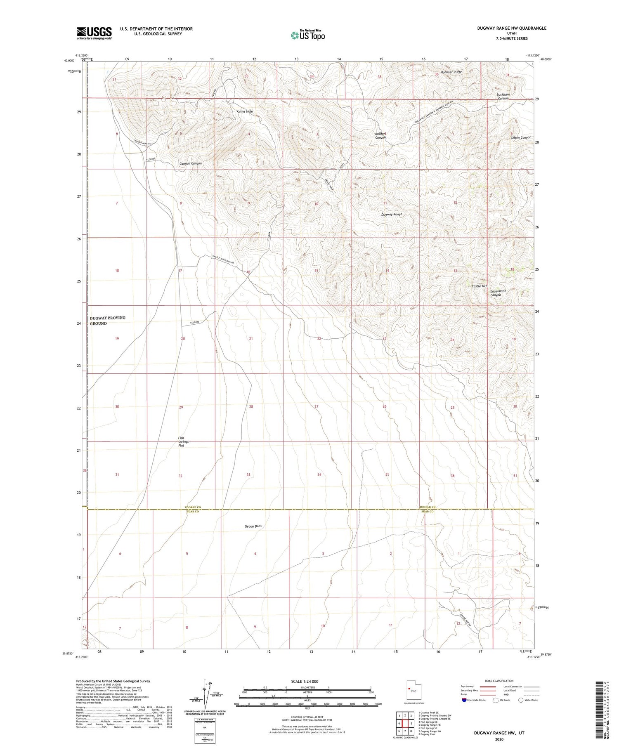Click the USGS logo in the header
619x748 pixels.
point(94,33)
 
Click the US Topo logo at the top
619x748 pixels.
point(308,35)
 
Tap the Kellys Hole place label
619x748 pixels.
point(244,111)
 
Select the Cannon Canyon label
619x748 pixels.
point(190,163)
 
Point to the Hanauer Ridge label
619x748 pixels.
point(451,72)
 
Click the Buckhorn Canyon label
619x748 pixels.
point(503,97)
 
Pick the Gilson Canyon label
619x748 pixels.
point(520,137)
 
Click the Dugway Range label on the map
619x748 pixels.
point(391,215)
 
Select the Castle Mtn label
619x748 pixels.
point(480,286)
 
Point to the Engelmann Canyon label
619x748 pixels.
point(496,293)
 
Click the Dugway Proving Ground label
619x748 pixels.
point(107,321)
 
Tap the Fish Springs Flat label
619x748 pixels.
point(184,441)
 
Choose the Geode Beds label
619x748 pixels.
point(253,526)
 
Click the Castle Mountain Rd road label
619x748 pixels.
point(223,260)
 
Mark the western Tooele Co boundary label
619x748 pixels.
point(192,507)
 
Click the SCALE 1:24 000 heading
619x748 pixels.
point(307,681)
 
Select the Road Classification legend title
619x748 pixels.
point(499,681)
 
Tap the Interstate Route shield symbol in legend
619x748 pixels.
point(465,700)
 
